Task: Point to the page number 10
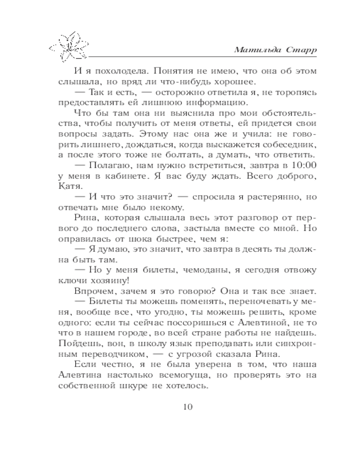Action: point(188,407)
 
